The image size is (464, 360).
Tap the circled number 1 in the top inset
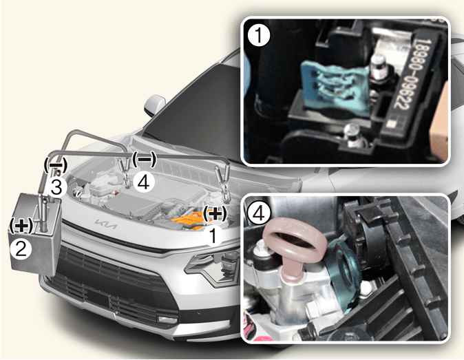[x=259, y=35]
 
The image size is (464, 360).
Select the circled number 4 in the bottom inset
[x=259, y=212]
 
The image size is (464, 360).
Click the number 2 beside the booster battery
[x=21, y=249]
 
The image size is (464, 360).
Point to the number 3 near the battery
[x=56, y=187]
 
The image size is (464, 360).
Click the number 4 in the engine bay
[x=143, y=182]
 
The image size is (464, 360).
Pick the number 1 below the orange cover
[x=213, y=235]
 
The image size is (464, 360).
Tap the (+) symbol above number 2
[x=21, y=226]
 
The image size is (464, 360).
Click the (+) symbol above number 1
[x=215, y=213]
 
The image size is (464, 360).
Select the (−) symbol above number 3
[x=55, y=165]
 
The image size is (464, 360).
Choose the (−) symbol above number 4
[x=144, y=159]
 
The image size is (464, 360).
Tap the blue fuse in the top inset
[x=335, y=87]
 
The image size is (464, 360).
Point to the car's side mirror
[x=154, y=105]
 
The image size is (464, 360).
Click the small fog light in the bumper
[x=167, y=320]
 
